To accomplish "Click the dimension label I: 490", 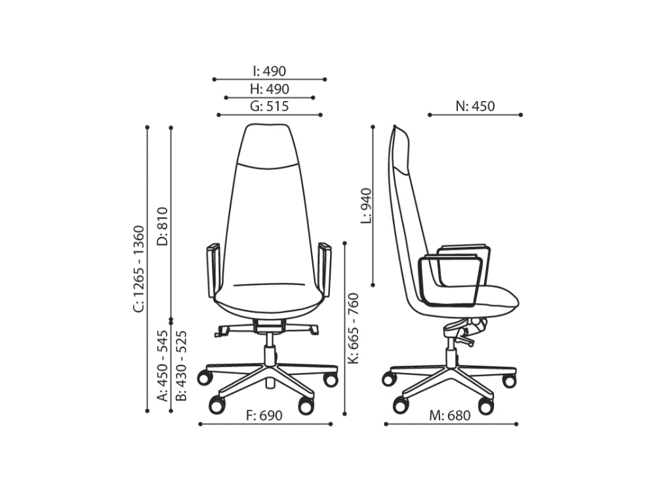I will click(x=270, y=71).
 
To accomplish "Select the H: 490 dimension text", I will click(x=270, y=89).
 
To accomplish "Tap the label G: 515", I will click(x=270, y=106).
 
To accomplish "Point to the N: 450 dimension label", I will click(x=475, y=106).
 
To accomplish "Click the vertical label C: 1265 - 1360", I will click(x=138, y=269).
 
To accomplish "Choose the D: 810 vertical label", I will click(x=162, y=227).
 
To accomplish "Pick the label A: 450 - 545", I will click(x=162, y=365).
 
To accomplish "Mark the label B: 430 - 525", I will click(x=182, y=365).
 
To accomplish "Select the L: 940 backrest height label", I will click(x=365, y=205).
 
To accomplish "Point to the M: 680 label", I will click(x=450, y=415).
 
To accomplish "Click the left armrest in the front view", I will click(x=213, y=269).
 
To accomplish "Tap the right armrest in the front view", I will click(x=324, y=269).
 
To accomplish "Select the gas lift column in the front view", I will click(x=269, y=347).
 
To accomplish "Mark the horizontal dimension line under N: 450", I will click(x=475, y=115).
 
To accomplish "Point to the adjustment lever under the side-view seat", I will click(x=466, y=342).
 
